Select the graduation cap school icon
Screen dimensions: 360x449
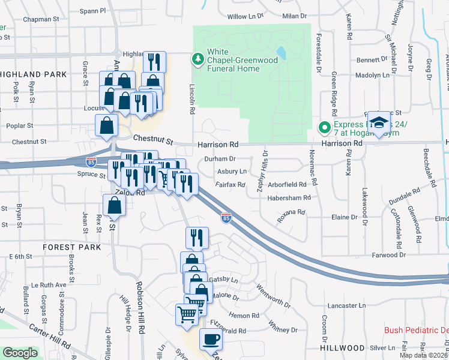(x=378, y=124)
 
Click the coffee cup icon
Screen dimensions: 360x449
(x=210, y=339)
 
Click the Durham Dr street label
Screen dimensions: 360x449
(x=220, y=159)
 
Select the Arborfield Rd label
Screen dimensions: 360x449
(x=289, y=185)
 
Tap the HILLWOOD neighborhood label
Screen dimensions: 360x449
(x=342, y=348)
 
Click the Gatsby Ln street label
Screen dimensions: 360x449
(x=222, y=280)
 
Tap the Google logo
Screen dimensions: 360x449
(x=20, y=353)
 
